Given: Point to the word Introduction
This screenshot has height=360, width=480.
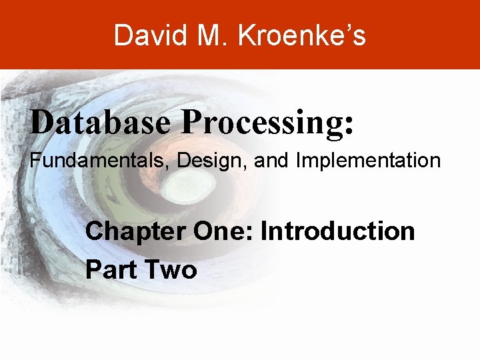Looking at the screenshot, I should [338, 232].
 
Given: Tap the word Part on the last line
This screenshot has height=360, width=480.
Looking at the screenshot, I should [110, 270].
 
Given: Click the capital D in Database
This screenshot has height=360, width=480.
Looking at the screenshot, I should [41, 123].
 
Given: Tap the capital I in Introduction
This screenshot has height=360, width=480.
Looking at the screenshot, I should [264, 232].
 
